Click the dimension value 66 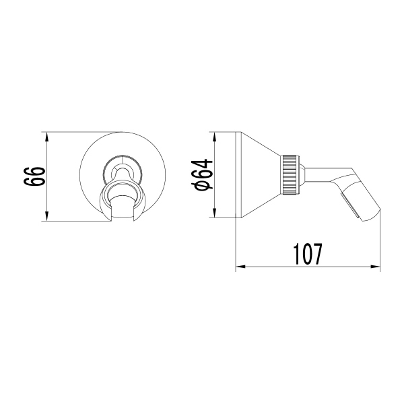(36, 177)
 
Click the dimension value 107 (306, 254)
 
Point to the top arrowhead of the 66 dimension (46, 136)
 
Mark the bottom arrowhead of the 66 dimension (46, 217)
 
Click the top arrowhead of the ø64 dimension (215, 136)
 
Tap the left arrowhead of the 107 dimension (239, 267)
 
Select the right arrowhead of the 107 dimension (376, 267)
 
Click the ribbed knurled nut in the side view (290, 174)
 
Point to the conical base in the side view (259, 174)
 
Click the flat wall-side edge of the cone (236, 175)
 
